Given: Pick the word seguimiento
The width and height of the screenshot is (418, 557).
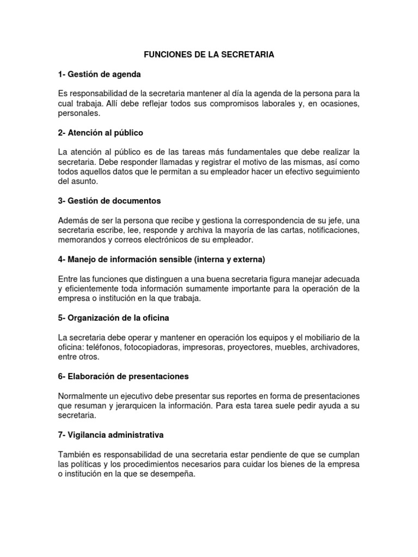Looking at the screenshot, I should (x=333, y=172).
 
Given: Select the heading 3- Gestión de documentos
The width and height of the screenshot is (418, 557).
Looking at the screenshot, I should (x=109, y=201).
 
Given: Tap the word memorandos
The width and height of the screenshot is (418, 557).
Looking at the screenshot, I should (x=82, y=240).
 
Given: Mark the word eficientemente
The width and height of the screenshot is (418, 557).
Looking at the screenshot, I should (x=96, y=289).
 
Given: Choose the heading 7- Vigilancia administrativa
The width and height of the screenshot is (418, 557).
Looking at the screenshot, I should (x=110, y=435).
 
